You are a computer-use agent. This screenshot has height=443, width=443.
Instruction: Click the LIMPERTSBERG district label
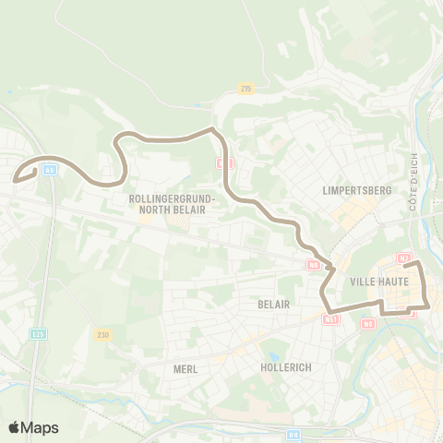(359, 190)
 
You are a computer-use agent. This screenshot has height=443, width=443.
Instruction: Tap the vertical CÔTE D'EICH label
(414, 182)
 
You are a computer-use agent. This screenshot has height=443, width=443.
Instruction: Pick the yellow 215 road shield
(245, 89)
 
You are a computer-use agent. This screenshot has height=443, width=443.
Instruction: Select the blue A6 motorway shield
(49, 170)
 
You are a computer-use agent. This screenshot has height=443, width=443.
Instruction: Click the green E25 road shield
(37, 334)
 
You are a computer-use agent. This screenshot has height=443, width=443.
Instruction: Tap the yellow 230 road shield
(103, 333)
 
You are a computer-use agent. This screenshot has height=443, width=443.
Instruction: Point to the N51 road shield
(331, 319)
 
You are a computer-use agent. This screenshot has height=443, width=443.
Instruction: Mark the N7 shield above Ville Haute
(403, 257)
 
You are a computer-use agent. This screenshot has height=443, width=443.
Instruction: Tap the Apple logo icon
(14, 427)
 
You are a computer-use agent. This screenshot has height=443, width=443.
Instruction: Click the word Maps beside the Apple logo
(40, 427)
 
